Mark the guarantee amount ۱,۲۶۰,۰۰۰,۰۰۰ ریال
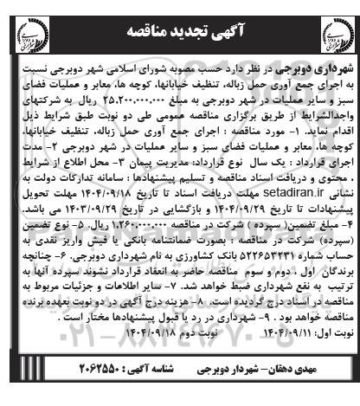[196, 233]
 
